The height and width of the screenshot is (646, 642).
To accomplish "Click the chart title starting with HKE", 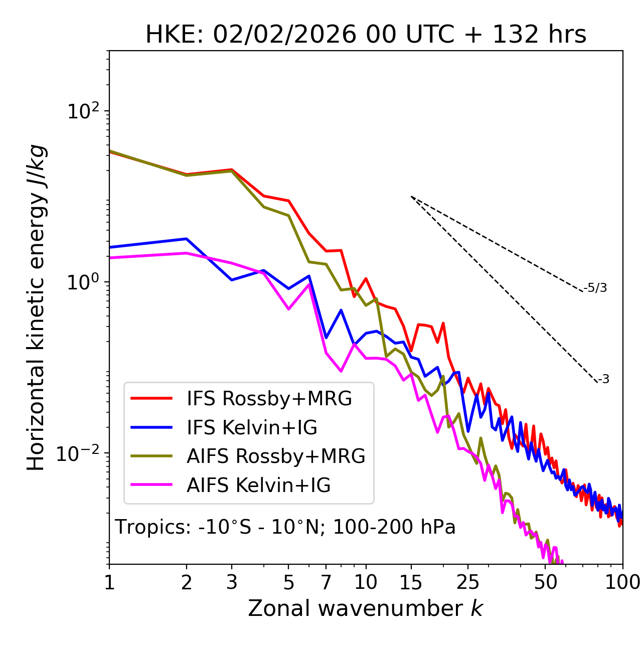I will [x=366, y=35].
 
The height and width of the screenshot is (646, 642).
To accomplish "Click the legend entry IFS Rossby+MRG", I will [x=269, y=399].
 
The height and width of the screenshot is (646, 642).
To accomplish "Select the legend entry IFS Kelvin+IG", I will [x=252, y=428].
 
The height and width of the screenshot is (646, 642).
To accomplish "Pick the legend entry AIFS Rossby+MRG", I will [x=276, y=456].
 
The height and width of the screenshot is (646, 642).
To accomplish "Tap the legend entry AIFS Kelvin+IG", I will [x=259, y=486].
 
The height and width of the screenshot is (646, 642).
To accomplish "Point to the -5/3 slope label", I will [x=595, y=288].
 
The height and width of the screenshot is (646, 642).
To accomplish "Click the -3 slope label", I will [x=603, y=380].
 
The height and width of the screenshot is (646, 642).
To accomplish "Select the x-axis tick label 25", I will [x=468, y=582].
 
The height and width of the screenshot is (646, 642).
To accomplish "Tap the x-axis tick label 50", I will [x=546, y=582].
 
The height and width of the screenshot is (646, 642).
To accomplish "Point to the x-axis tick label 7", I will [x=326, y=582].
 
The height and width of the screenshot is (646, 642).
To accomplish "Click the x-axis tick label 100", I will [x=622, y=582].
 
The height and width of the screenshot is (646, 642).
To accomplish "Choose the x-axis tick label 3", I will [x=231, y=582].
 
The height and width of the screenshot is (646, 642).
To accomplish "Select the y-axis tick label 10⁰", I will [x=83, y=282].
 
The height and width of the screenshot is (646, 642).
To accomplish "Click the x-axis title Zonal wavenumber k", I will [x=366, y=608].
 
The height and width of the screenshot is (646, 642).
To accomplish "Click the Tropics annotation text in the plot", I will [x=285, y=527].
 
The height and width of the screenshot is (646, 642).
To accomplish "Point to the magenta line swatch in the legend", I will [x=151, y=486].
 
